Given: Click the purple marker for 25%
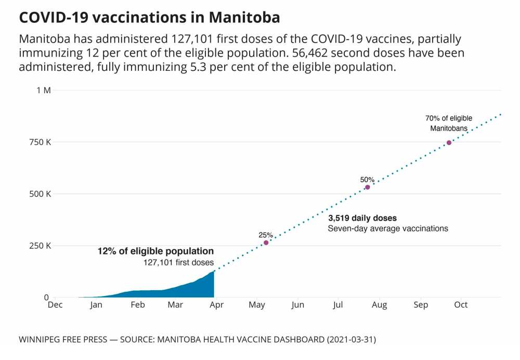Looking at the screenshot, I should [x=266, y=242].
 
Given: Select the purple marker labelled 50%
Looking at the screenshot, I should [x=368, y=187].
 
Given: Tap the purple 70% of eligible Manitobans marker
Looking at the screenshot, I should [x=449, y=143].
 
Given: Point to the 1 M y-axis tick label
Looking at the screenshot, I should [x=44, y=90].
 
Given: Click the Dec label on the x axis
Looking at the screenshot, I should [x=55, y=305].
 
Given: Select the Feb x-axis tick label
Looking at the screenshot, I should [x=138, y=305].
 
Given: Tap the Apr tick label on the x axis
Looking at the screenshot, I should [x=216, y=305].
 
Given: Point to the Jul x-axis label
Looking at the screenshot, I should [x=339, y=305].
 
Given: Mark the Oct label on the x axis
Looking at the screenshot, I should [x=461, y=305].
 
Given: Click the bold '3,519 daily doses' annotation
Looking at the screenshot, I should [x=362, y=218].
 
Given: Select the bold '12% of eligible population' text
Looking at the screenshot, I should [x=155, y=251].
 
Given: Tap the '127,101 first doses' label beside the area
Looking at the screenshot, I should [x=178, y=263].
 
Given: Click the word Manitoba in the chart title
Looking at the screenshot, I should [x=244, y=17].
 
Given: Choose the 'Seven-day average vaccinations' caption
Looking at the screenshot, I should [x=388, y=228].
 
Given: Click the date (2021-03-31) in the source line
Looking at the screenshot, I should [x=351, y=340].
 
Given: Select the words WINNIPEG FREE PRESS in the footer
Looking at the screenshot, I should [x=62, y=340].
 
